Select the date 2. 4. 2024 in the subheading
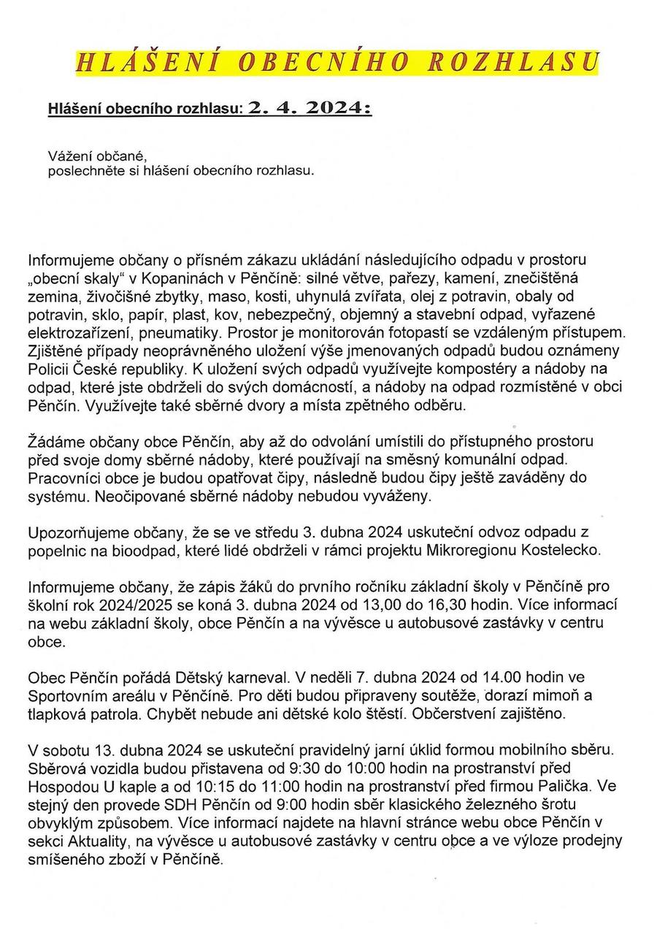pos(310,108)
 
